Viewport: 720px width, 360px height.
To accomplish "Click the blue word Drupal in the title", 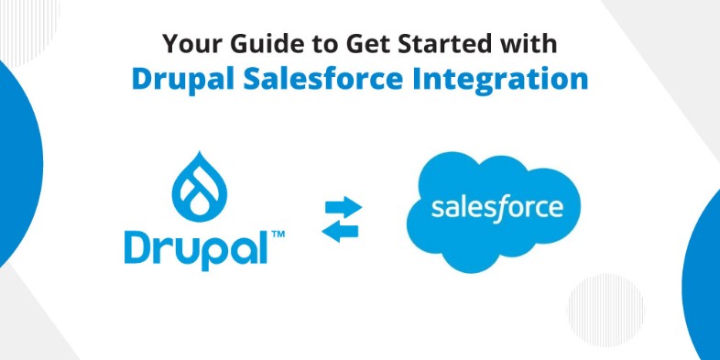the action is tap(183, 80).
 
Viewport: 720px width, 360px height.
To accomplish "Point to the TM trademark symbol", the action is tap(278, 235).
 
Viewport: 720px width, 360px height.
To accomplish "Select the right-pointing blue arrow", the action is tap(343, 207).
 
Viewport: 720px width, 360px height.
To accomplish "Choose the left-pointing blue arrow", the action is tap(340, 232).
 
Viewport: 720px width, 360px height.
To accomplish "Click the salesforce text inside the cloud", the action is tap(496, 208).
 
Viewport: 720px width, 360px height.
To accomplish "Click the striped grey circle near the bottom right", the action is tap(605, 310).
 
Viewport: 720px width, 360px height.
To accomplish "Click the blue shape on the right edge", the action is tap(702, 276).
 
